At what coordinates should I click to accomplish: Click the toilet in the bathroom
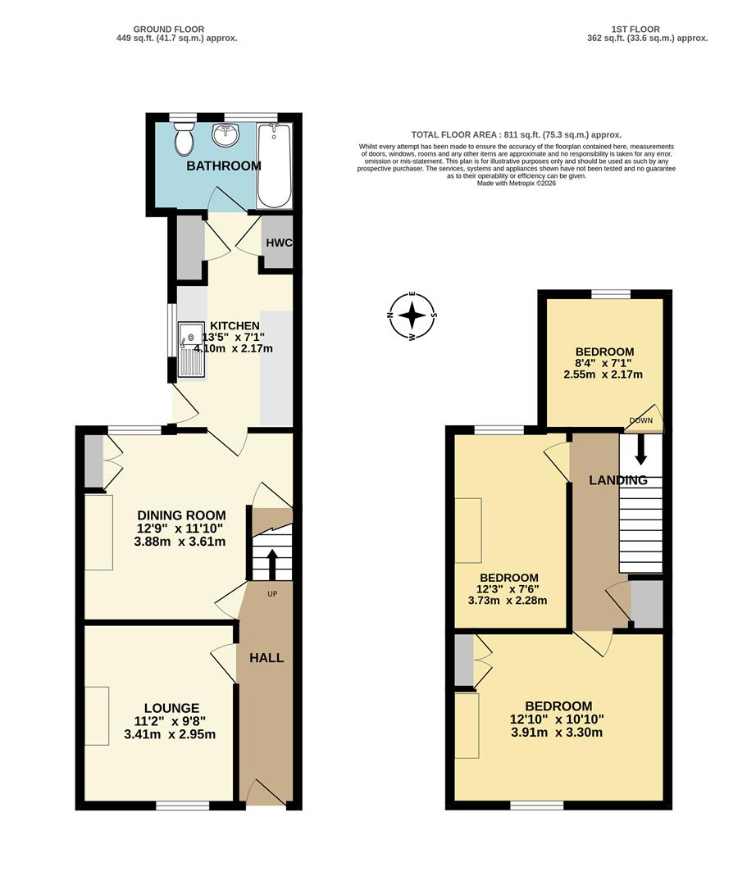coord(184,140)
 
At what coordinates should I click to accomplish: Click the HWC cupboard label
coord(278,243)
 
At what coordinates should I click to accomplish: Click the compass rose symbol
coord(412,315)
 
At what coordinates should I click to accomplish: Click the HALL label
coord(266,658)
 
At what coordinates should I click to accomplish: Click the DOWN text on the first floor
coord(641,421)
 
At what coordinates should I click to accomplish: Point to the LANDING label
coord(618,481)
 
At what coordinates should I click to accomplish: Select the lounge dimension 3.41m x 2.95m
coord(170,735)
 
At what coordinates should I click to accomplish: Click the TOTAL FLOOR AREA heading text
coord(517,135)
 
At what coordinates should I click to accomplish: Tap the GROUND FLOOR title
coord(177,29)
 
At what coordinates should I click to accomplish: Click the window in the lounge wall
coord(177,806)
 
